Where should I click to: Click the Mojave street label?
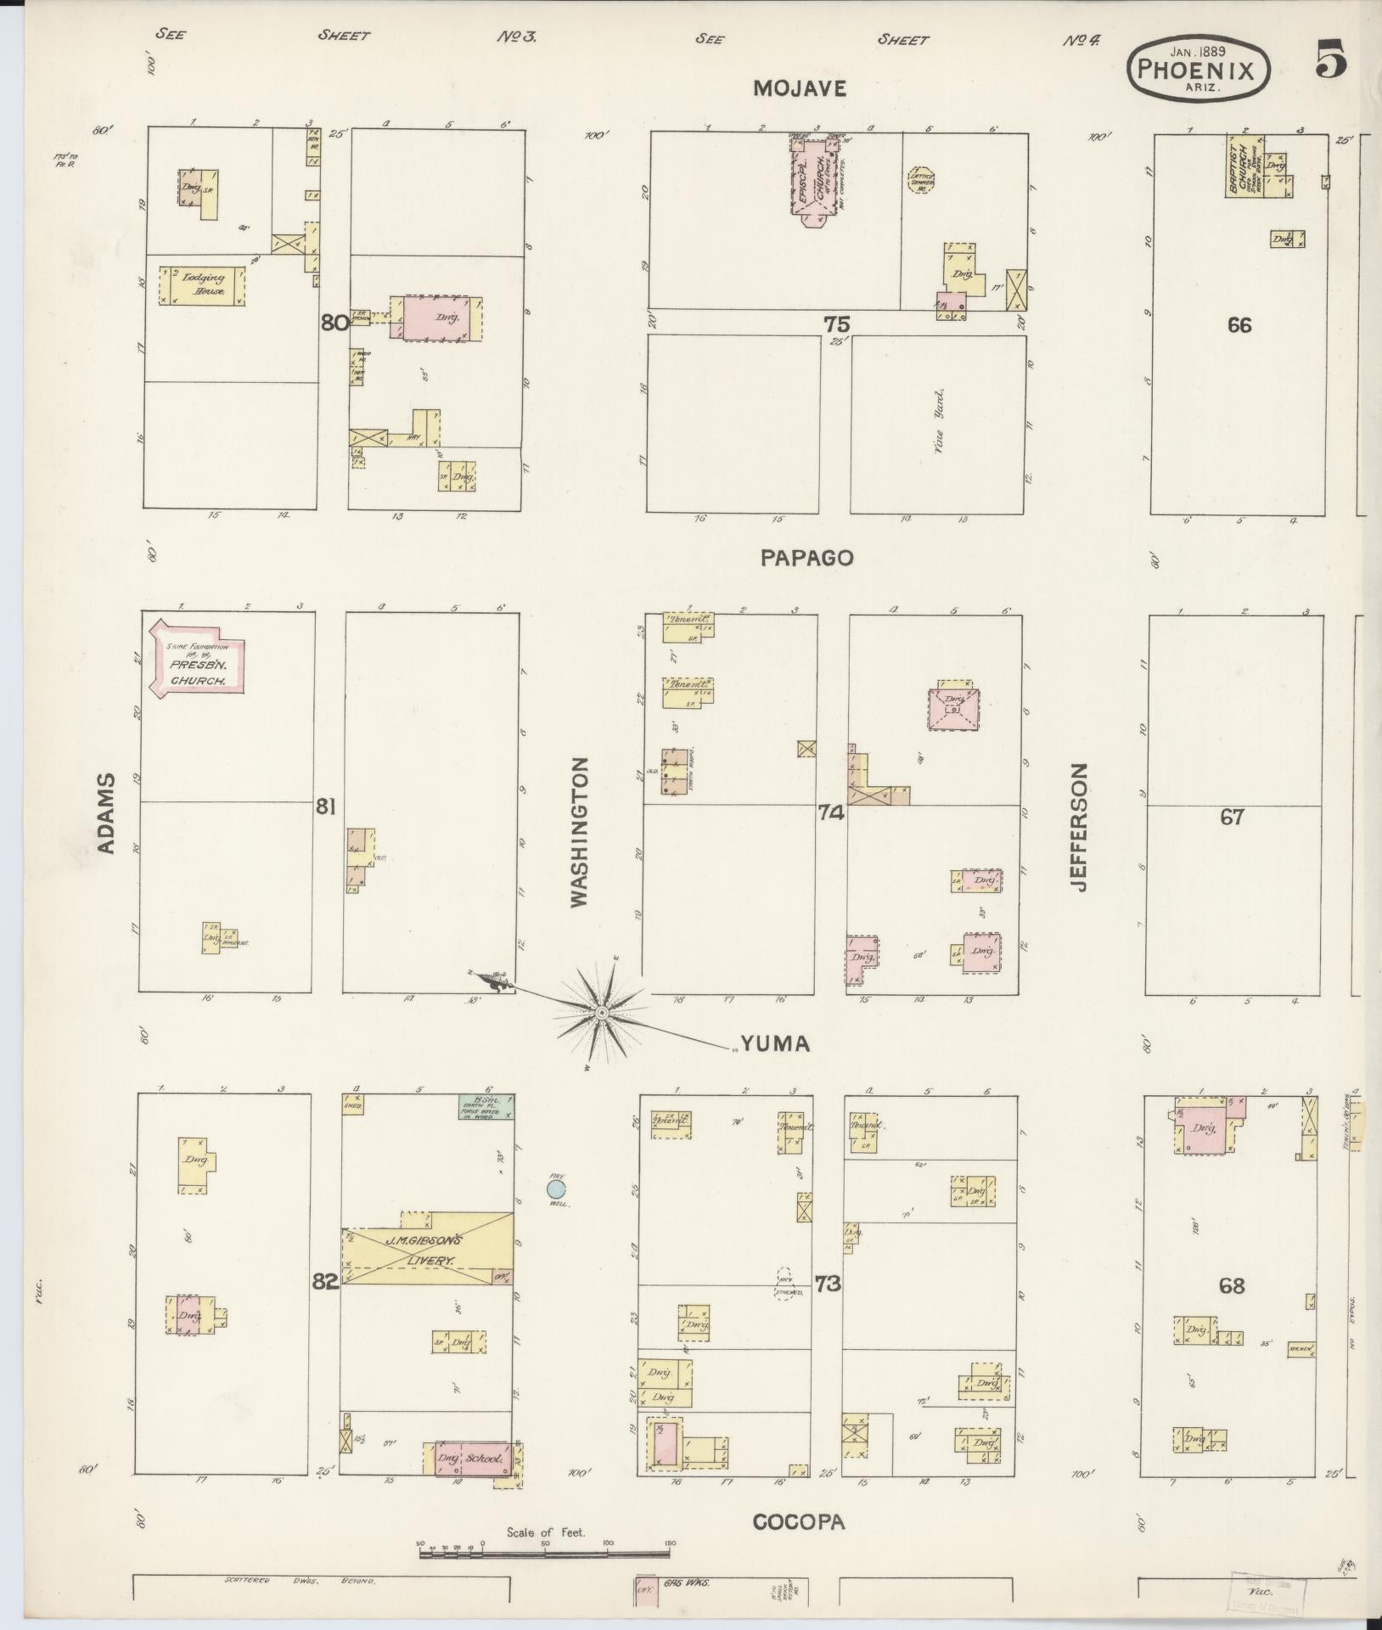pos(799,89)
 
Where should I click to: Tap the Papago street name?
pos(806,558)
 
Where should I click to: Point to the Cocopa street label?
pos(799,1522)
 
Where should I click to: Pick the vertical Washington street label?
pos(580,833)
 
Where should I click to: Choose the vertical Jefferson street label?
pos(1078,828)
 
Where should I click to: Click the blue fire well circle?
pos(556,1188)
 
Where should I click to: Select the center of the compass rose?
pos(601,1014)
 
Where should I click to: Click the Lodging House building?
pos(202,286)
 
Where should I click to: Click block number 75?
pos(835,323)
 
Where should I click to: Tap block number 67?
pos(1231,817)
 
